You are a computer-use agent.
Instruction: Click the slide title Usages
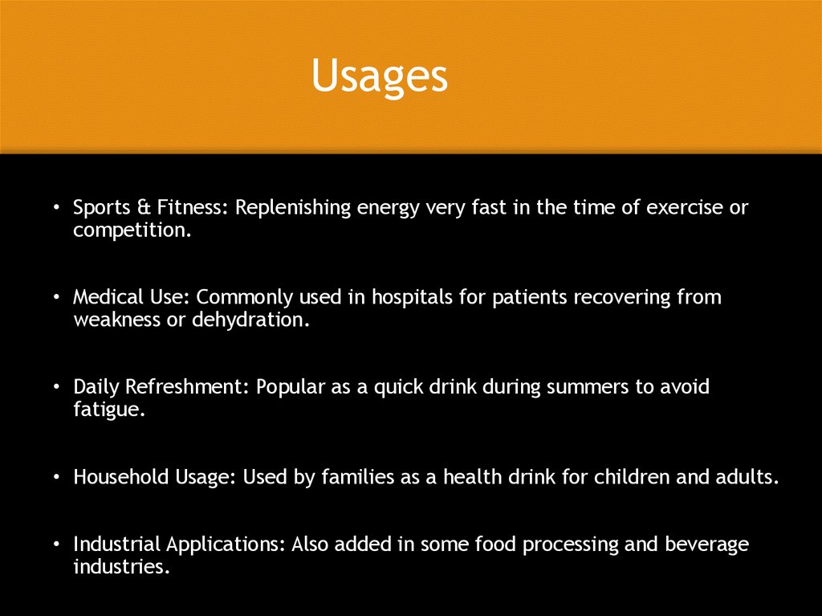[379, 77]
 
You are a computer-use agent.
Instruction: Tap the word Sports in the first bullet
[100, 208]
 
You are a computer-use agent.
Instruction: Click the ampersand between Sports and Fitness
[142, 208]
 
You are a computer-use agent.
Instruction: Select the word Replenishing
[293, 209]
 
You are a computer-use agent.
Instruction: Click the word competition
[132, 231]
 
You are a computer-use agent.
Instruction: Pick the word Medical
[104, 297]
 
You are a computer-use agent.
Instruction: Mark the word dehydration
[250, 320]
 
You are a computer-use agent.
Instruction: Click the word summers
[588, 387]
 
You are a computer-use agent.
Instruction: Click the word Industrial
[116, 544]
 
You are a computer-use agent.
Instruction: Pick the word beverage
[706, 545]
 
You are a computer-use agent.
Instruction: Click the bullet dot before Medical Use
[57, 298]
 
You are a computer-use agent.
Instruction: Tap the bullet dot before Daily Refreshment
[57, 388]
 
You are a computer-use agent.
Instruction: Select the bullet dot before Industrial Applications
[57, 545]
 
